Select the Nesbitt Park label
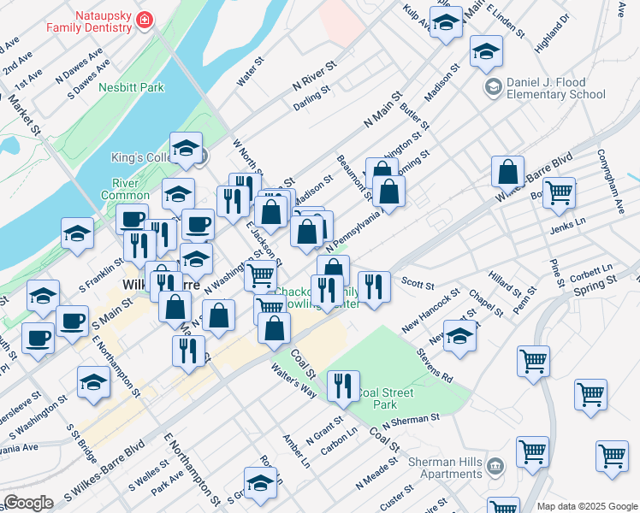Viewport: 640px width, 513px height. click(131, 87)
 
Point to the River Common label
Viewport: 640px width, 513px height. click(131, 188)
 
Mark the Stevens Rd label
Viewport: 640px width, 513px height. click(435, 363)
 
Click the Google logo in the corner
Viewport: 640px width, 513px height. click(28, 502)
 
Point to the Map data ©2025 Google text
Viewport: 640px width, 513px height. click(587, 506)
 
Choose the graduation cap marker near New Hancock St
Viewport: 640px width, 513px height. click(459, 337)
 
